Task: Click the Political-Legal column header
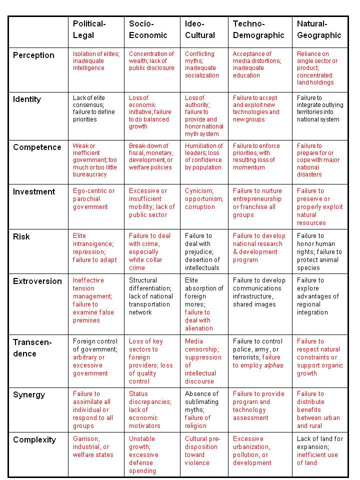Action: [89, 29]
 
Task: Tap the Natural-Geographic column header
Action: [319, 29]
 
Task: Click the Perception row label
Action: [33, 55]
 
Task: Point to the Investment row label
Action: [34, 192]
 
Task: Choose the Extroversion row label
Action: [37, 281]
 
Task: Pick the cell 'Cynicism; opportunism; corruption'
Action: [200, 198]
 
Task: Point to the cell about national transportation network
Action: [150, 296]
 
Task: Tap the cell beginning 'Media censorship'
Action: [203, 361]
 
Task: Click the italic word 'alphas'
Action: [273, 365]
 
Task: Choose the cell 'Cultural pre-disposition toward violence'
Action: [201, 450]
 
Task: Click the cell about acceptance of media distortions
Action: [256, 64]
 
